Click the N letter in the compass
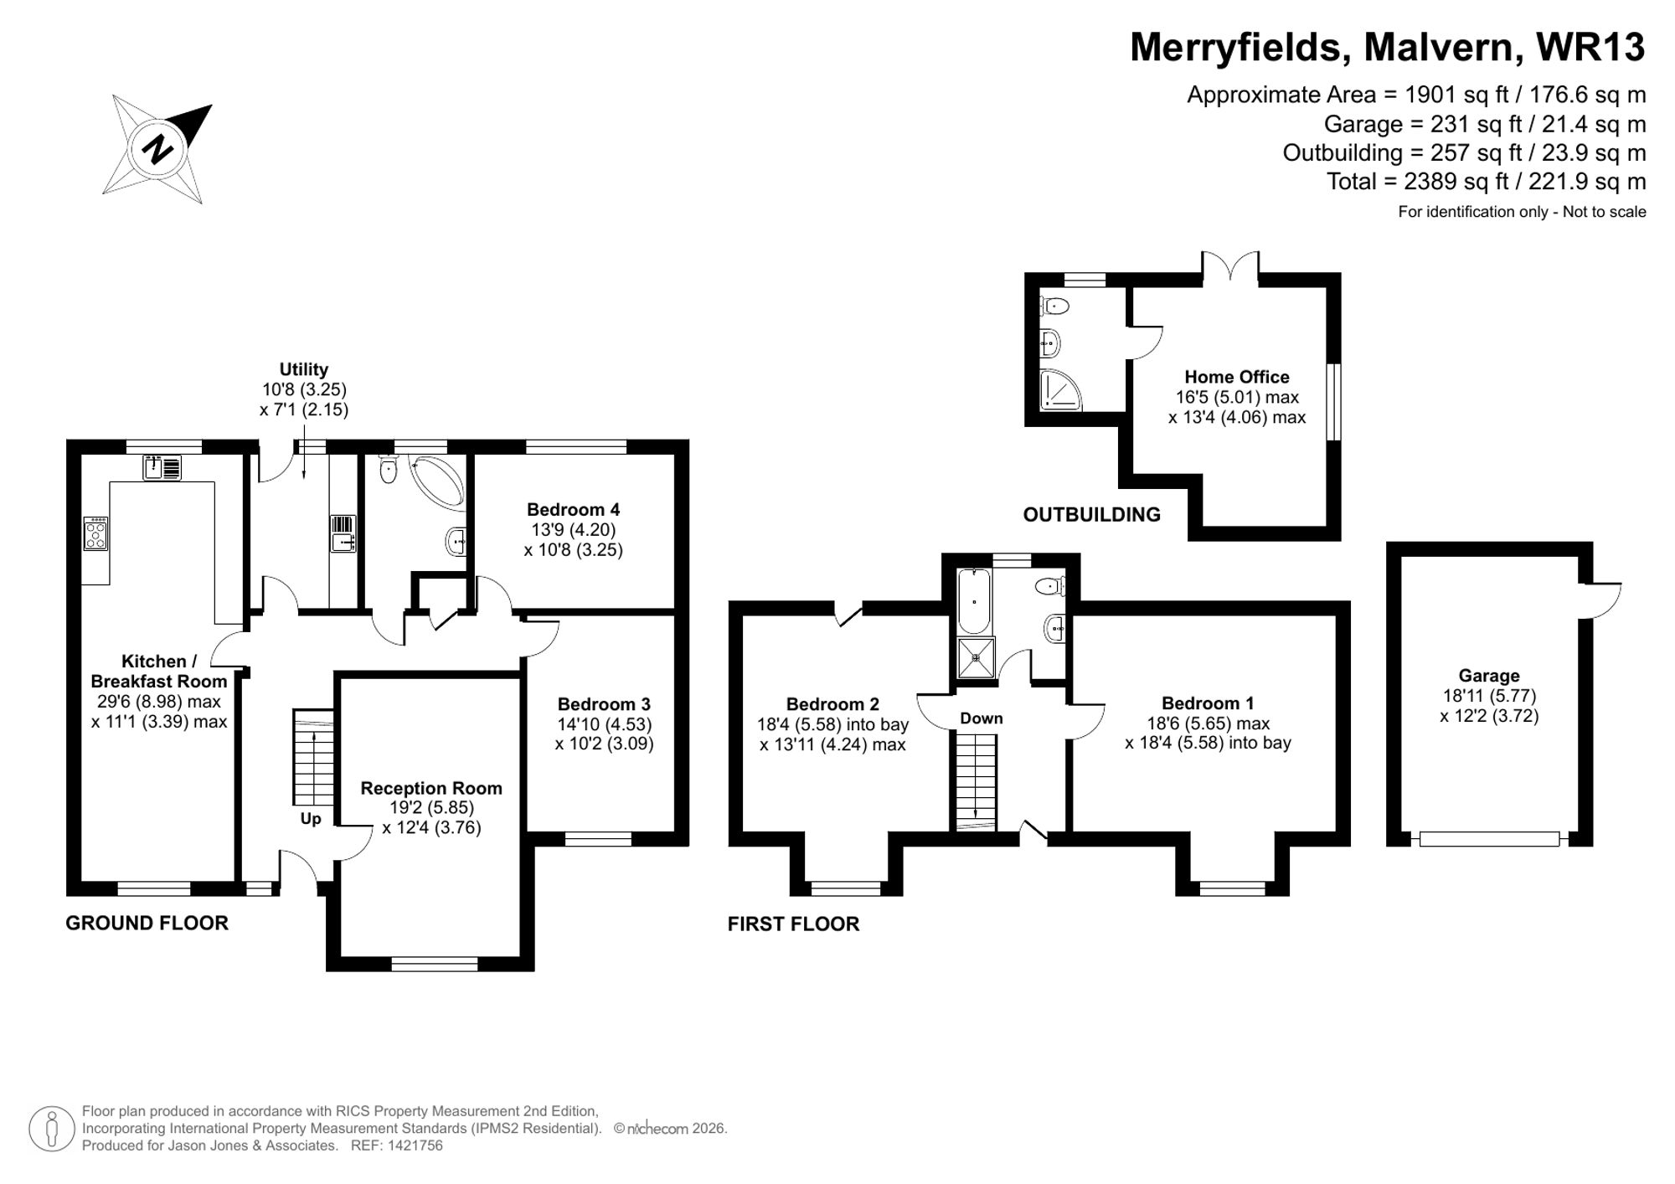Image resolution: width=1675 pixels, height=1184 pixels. [x=157, y=150]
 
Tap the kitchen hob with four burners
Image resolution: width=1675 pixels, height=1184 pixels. [x=95, y=533]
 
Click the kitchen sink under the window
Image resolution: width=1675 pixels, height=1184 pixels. [x=162, y=468]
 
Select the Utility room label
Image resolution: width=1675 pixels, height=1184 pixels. [x=303, y=369]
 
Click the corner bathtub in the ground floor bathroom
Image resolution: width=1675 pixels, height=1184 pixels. [x=440, y=481]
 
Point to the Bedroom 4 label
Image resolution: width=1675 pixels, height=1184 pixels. [x=573, y=509]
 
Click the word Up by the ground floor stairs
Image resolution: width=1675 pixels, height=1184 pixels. [x=310, y=818]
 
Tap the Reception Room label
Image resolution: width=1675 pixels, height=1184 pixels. [x=430, y=788]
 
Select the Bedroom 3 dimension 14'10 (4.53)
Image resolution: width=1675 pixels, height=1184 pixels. [x=604, y=723]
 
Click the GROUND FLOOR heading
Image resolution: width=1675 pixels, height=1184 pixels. [x=147, y=923]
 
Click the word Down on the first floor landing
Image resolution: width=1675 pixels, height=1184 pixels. [x=981, y=718]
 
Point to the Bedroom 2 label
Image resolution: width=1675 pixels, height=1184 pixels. [x=832, y=704]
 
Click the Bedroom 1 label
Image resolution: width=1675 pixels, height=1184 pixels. [x=1207, y=703]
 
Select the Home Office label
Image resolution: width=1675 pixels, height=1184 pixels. [x=1236, y=377]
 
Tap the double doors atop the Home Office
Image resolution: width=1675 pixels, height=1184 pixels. [x=1230, y=265]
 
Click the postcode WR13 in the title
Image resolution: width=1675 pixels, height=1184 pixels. [x=1590, y=47]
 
